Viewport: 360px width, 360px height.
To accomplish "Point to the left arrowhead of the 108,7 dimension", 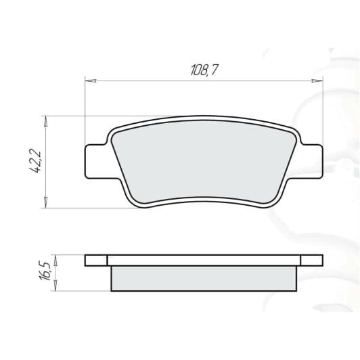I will [x=88, y=81].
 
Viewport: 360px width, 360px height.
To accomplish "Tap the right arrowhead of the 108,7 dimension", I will [x=319, y=81].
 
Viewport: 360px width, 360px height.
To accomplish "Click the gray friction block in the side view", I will [x=203, y=278].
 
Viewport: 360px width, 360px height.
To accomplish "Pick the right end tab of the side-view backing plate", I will [x=311, y=260].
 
